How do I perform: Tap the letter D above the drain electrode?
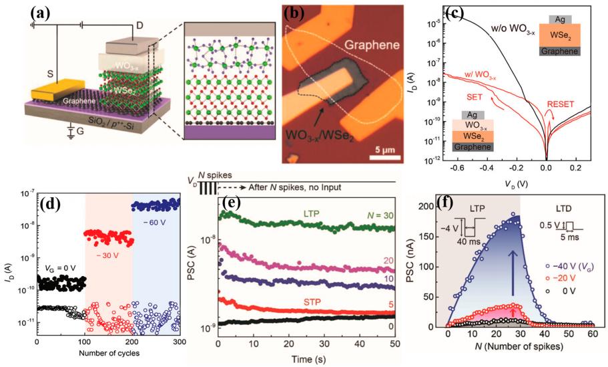139,25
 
